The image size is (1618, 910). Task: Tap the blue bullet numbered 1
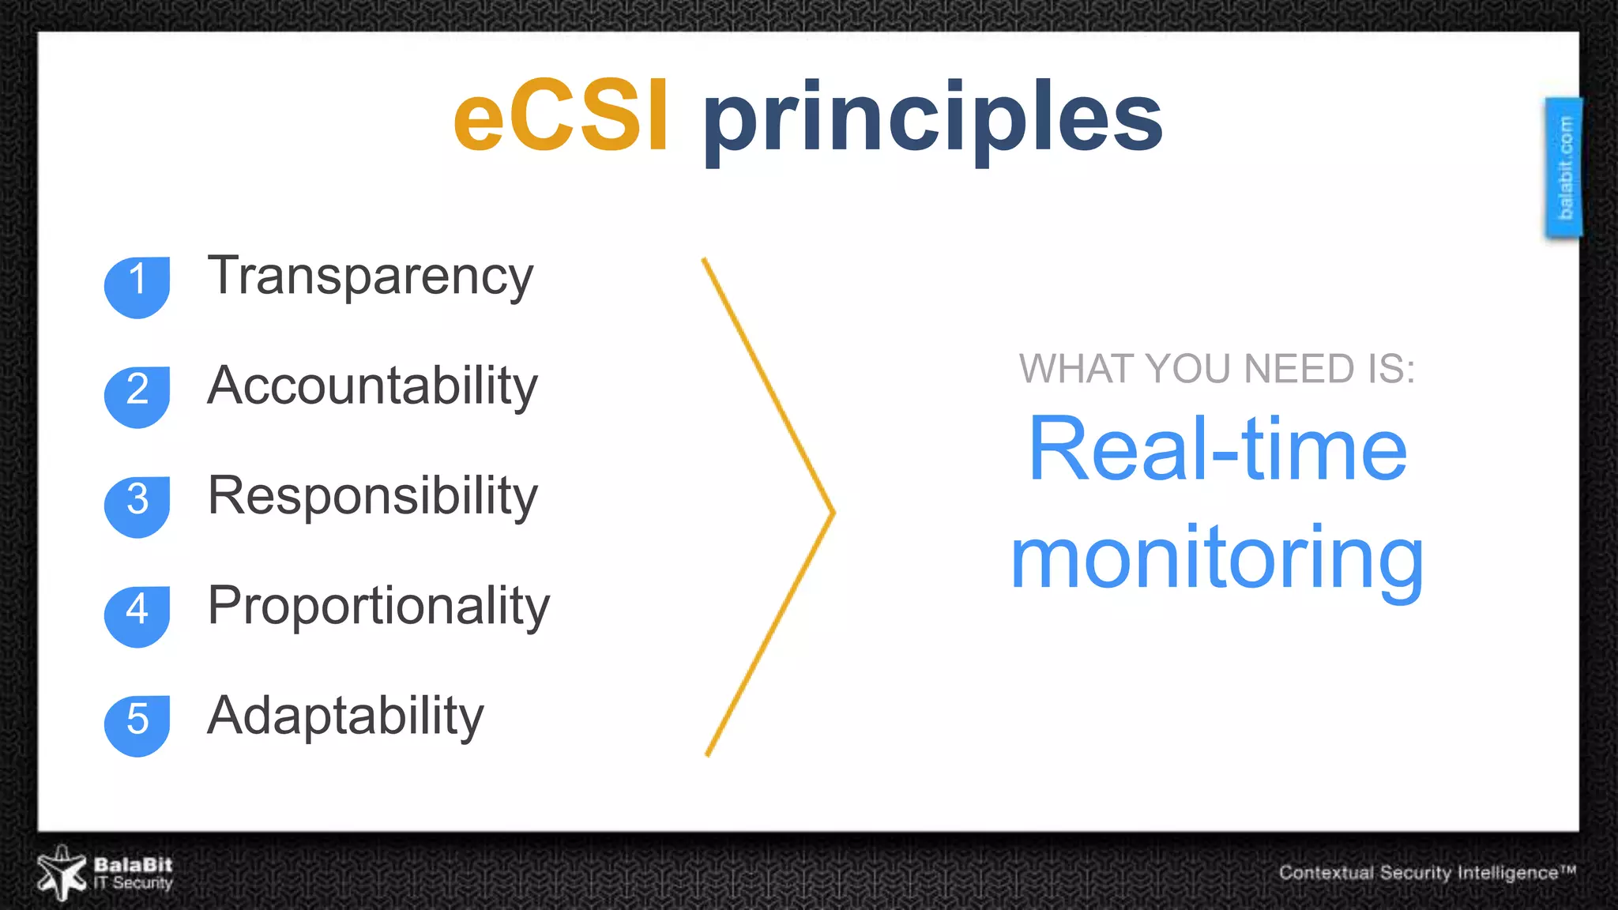pyautogui.click(x=137, y=286)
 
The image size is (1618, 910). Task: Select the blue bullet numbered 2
pyautogui.click(x=137, y=396)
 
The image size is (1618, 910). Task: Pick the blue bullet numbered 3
pyautogui.click(x=137, y=506)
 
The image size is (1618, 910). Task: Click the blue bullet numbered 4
pyautogui.click(x=137, y=615)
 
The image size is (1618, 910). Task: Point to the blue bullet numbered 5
pyautogui.click(x=137, y=725)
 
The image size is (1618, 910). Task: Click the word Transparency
pyautogui.click(x=370, y=276)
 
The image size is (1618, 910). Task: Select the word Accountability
pyautogui.click(x=372, y=386)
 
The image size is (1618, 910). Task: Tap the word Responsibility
pyautogui.click(x=372, y=496)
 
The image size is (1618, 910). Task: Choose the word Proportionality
pyautogui.click(x=378, y=606)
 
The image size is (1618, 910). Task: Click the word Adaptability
pyautogui.click(x=345, y=716)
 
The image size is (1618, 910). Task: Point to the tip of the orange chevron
pyautogui.click(x=832, y=513)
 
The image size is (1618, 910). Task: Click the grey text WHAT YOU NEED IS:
pyautogui.click(x=1217, y=369)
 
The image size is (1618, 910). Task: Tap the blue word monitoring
pyautogui.click(x=1217, y=559)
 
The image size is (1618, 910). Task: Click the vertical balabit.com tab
pyautogui.click(x=1564, y=167)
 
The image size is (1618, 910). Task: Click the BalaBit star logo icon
pyautogui.click(x=61, y=873)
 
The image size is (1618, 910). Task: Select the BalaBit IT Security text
pyautogui.click(x=133, y=874)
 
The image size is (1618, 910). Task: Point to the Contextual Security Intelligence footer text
pyautogui.click(x=1426, y=872)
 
